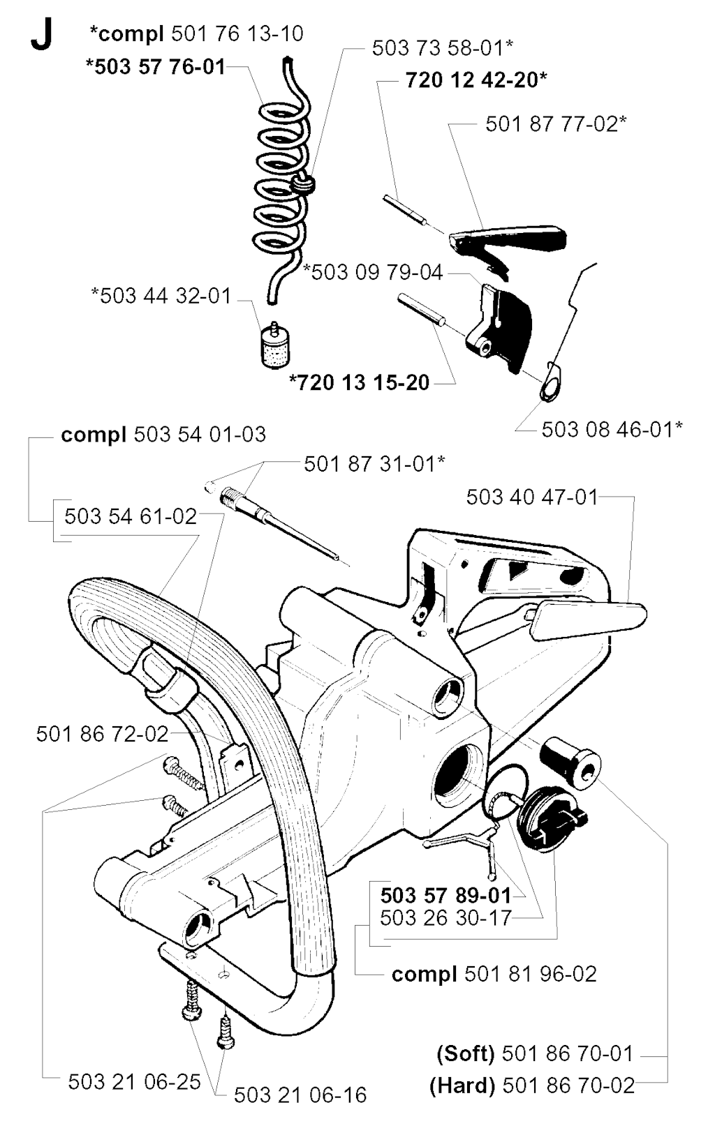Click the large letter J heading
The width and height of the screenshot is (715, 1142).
(40, 36)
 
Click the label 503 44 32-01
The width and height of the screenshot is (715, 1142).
(161, 296)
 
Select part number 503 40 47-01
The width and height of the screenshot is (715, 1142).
(532, 497)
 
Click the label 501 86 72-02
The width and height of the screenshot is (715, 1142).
(102, 734)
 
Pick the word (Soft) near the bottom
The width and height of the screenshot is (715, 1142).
(466, 1053)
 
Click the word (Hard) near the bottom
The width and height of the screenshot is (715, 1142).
(462, 1086)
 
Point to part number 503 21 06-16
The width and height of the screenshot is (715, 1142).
(300, 1095)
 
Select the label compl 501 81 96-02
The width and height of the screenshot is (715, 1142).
(494, 974)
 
